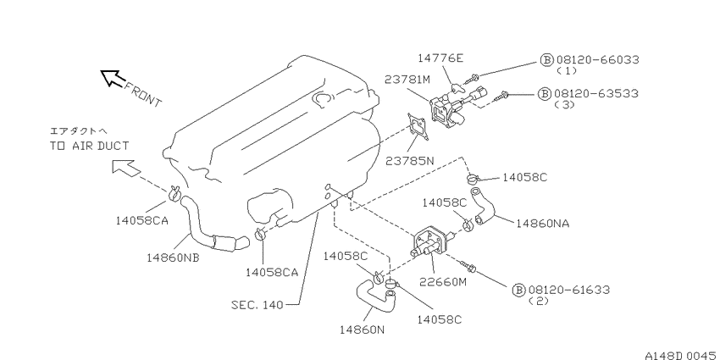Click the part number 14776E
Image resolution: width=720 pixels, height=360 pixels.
pos(440,58)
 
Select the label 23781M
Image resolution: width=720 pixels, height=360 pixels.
pos(407,80)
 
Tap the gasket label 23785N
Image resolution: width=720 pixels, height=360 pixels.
pos(410,161)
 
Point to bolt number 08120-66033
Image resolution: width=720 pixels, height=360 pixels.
pos(598,59)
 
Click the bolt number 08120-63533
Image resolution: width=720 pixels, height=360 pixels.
pos(596,93)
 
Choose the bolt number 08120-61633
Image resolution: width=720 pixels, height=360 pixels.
pos(569,290)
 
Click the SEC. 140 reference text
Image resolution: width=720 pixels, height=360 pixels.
pos(258,304)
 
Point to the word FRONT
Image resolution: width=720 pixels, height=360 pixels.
pos(143,94)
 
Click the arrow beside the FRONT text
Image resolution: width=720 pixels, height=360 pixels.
pos(111,78)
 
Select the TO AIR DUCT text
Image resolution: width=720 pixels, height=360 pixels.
pos(89,146)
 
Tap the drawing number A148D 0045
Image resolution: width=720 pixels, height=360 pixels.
pos(682,355)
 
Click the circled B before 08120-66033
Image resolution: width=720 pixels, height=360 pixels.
pos(546,59)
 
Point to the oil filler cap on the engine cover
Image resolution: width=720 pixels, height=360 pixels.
pos(322,98)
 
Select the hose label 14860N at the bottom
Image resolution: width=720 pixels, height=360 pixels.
pos(363,329)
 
